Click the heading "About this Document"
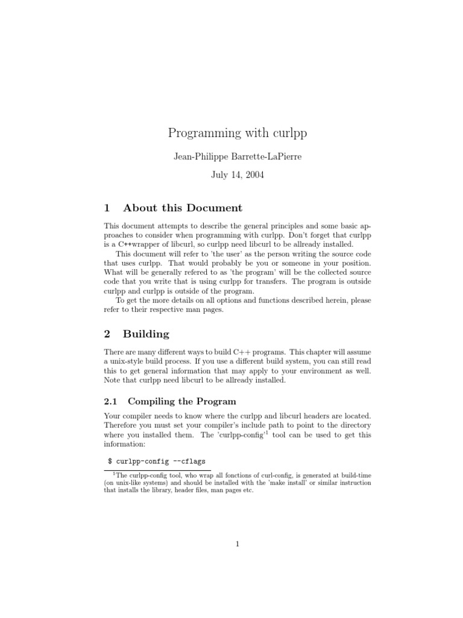tap(182, 208)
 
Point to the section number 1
tap(107, 208)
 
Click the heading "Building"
tap(146, 334)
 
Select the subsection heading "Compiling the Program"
tap(180, 401)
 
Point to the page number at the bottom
tap(238, 544)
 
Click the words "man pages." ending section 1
tap(202, 310)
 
